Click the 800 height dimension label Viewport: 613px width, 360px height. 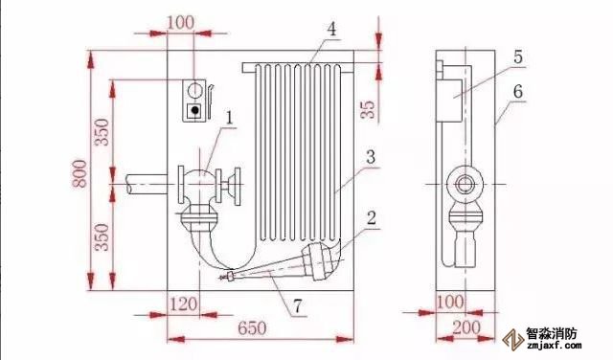tap(80, 173)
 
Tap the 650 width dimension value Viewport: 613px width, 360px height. tap(252, 327)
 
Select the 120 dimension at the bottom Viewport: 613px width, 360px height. tap(183, 304)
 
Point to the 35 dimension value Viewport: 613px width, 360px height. tap(367, 109)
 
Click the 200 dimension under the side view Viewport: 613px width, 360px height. tap(466, 327)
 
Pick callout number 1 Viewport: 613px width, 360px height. tap(230, 117)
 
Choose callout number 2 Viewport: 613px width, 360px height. tap(371, 217)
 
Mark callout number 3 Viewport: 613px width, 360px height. tap(371, 157)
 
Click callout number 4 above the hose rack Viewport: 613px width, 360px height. tap(331, 30)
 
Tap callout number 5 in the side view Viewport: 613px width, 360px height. tap(518, 57)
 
